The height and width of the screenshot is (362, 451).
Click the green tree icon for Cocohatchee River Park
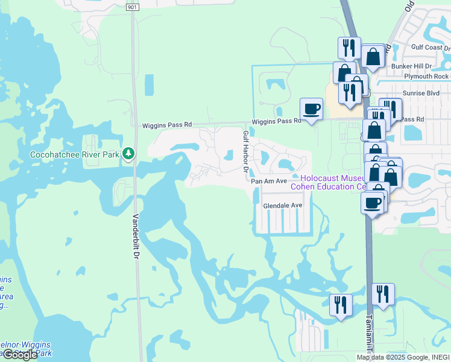coord(128,154)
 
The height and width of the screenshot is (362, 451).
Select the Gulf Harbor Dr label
coord(245,151)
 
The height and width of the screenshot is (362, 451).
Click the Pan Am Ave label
coord(269,181)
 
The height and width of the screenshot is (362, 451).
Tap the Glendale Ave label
coord(283,206)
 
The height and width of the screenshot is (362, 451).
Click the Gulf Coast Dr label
coord(430,47)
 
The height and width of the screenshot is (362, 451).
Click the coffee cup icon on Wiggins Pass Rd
coord(311,109)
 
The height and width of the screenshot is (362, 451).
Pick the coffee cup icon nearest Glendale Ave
coord(373,202)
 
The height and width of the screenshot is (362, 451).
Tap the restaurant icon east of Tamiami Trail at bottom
coord(383,294)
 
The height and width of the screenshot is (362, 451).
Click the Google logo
coord(19,355)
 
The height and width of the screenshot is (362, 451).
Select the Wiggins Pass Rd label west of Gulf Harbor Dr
coord(166,125)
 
